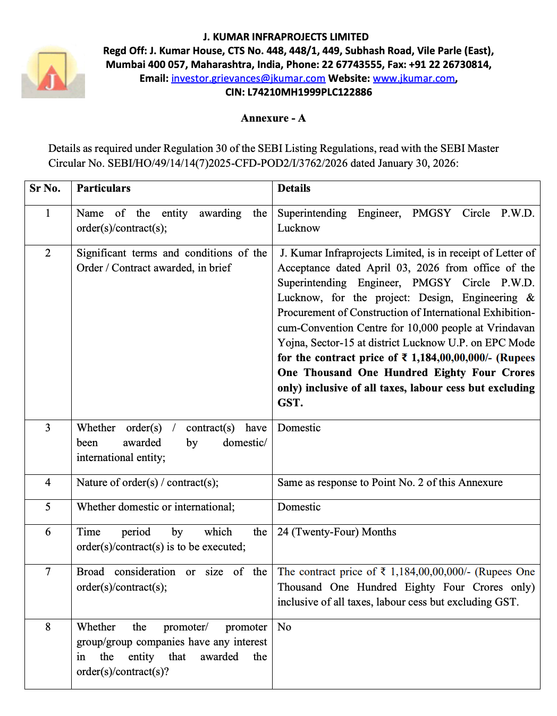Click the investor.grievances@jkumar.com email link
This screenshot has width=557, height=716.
248,79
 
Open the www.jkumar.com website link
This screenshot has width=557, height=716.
413,79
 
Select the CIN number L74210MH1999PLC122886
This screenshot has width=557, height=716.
309,92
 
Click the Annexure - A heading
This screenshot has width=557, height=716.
273,118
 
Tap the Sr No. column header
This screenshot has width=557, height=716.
45,189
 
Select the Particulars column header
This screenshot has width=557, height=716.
104,189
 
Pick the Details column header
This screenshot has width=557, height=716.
294,189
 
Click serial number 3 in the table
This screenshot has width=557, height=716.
48,428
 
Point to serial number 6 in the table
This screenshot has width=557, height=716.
48,532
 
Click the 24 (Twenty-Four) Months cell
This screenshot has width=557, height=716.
336,532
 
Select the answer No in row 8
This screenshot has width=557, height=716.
284,627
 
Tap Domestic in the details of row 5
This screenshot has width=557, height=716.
299,507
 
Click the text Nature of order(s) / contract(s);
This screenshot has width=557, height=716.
147,483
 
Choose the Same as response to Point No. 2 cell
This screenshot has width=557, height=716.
390,483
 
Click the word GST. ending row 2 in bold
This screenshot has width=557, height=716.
290,403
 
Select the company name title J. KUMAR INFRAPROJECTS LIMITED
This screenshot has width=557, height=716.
285,37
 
